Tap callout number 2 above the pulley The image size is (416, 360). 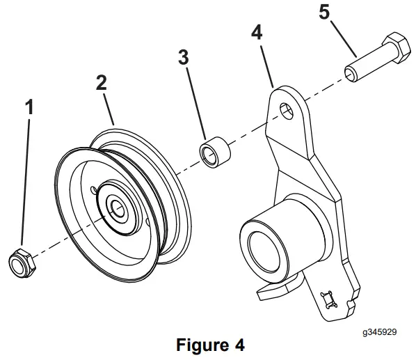click(102, 82)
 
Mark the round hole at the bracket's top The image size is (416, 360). click(285, 109)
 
